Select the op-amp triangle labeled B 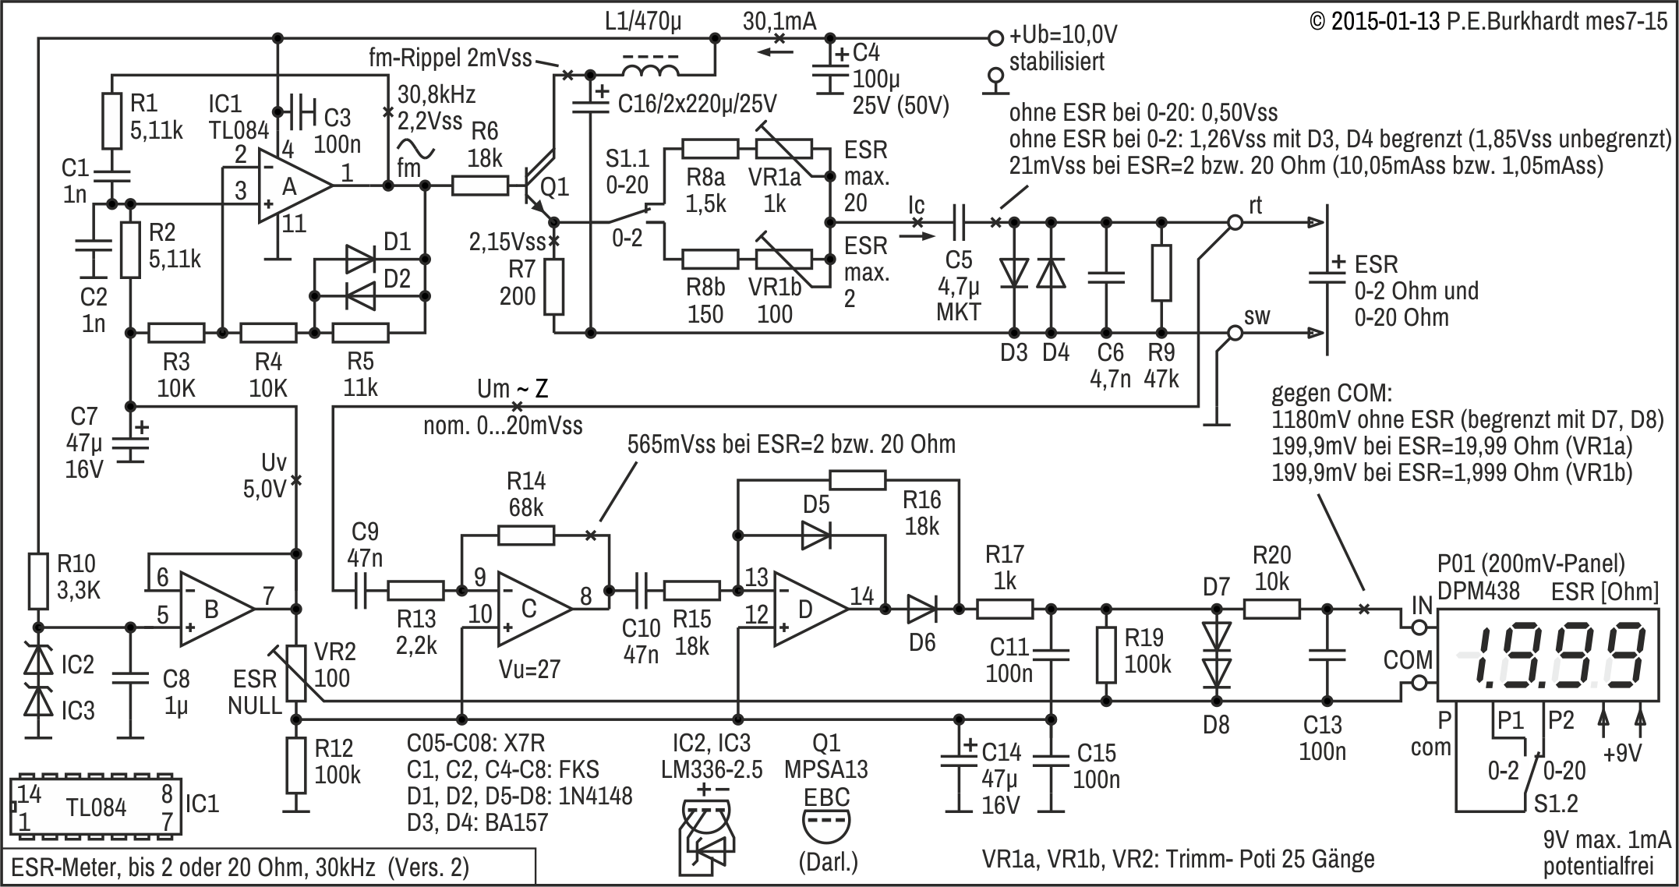pos(216,609)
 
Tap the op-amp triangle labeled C pos(534,609)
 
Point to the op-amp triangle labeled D pos(811,609)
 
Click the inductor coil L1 pos(649,69)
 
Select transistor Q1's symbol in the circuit pos(538,186)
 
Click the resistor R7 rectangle pos(553,287)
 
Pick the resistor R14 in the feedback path pos(526,535)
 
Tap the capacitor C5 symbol pos(960,222)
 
